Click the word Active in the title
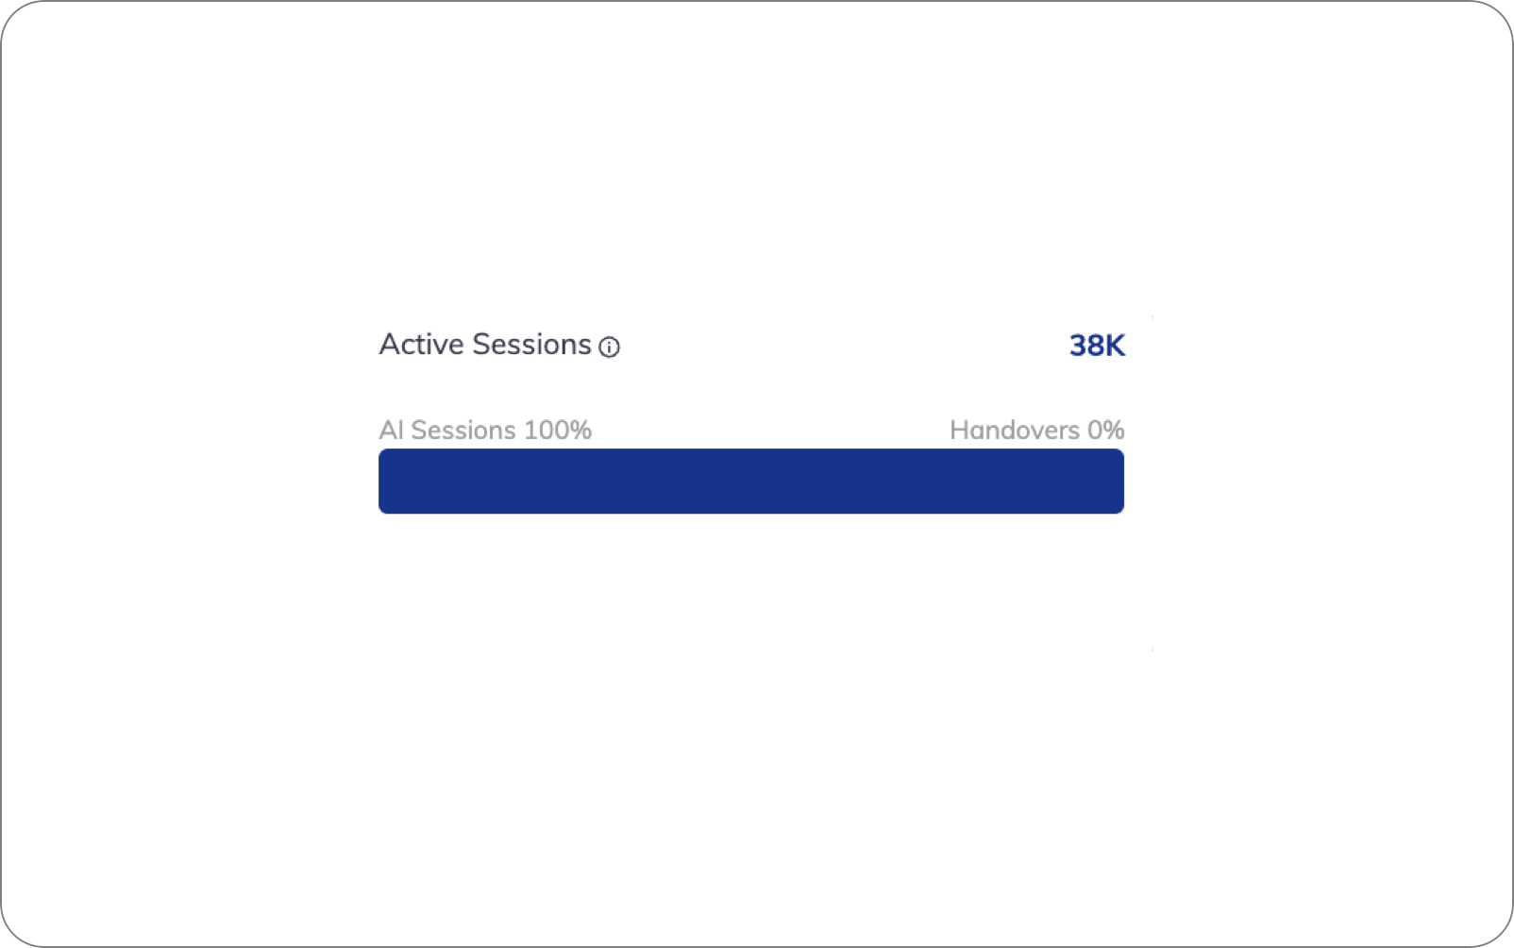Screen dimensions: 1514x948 pyautogui.click(x=421, y=345)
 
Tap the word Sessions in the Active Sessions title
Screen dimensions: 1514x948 pyautogui.click(x=532, y=345)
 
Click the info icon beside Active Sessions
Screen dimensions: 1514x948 pyautogui.click(x=609, y=347)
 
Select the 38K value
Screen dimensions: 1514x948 pyautogui.click(x=1097, y=346)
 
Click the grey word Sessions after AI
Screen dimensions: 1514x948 pyautogui.click(x=463, y=430)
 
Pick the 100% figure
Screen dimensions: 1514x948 pyautogui.click(x=558, y=430)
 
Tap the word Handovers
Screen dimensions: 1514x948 pyautogui.click(x=1015, y=430)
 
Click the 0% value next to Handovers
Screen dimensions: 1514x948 pyautogui.click(x=1105, y=430)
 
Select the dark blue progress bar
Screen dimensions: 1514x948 pyautogui.click(x=751, y=481)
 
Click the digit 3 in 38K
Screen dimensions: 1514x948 pyautogui.click(x=1077, y=346)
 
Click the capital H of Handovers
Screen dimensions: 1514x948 pyautogui.click(x=958, y=430)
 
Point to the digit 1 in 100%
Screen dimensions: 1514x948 pyautogui.click(x=529, y=430)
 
